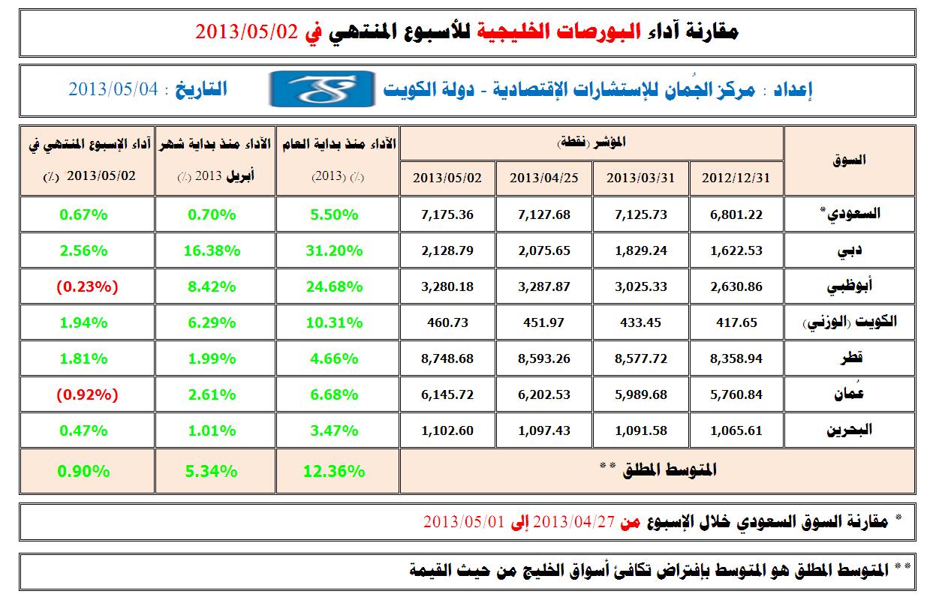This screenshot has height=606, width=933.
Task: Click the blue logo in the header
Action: point(322,89)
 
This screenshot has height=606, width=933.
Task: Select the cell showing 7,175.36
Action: point(447,214)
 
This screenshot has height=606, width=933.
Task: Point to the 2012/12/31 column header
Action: point(736,178)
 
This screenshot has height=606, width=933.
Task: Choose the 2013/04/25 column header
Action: point(543,178)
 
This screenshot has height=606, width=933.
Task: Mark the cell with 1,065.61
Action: point(736,430)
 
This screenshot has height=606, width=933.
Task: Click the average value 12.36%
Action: point(336,471)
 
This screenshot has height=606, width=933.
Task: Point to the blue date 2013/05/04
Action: point(114,89)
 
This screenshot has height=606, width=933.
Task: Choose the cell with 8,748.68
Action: point(447,358)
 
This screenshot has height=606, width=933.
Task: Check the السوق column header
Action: point(850,160)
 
